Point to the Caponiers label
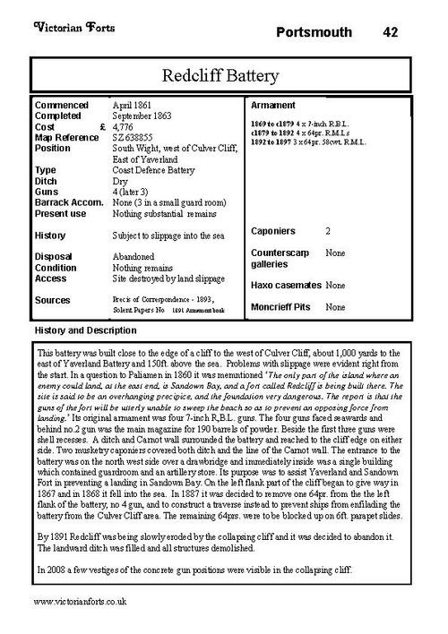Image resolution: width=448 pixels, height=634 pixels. point(273,232)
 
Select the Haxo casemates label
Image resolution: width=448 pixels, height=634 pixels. point(286,285)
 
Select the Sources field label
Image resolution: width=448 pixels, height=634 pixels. point(53,300)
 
